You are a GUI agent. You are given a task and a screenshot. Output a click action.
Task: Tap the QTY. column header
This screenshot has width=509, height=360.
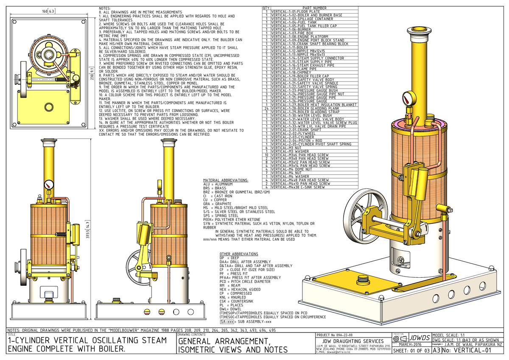coord(266,8)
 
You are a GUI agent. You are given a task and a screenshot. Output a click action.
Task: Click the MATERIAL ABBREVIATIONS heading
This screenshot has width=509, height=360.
coord(226,180)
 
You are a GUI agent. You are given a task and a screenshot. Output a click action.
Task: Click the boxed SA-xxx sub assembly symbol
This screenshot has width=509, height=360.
coord(228,322)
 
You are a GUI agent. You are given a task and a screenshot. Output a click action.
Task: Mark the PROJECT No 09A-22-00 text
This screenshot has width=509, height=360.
coord(337,335)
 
